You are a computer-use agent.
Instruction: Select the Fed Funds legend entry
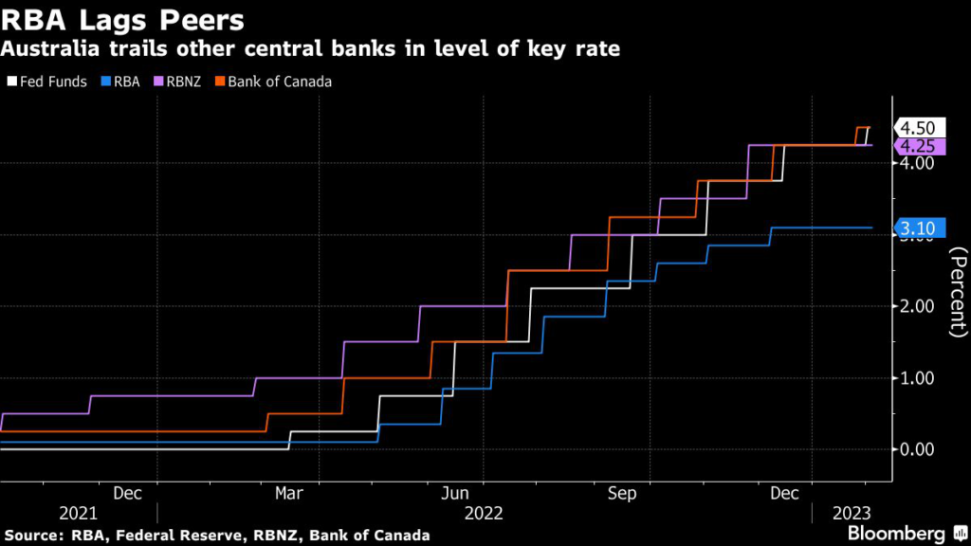(52, 82)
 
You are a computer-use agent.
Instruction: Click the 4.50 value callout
(918, 128)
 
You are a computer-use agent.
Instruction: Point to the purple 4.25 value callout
(918, 146)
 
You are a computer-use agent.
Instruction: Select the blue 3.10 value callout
(918, 227)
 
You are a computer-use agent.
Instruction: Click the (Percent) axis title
(958, 291)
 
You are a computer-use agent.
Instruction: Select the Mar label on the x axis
(288, 493)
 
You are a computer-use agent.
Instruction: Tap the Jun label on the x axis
(456, 493)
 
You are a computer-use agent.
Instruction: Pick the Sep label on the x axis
(621, 493)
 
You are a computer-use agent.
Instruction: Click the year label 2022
(484, 513)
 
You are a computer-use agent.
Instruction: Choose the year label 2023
(852, 513)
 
